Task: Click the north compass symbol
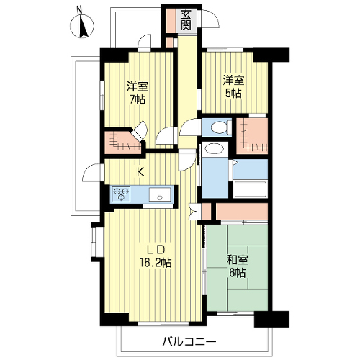[82, 26]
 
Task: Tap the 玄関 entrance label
[186, 20]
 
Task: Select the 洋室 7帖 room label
[138, 93]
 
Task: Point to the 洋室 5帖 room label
[233, 86]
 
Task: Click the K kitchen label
[140, 172]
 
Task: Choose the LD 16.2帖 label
[156, 256]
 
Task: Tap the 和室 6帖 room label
[237, 266]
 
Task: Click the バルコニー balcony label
[189, 341]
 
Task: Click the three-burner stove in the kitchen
[121, 194]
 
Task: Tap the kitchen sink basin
[160, 194]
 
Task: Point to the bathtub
[250, 190]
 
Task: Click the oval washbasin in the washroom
[215, 149]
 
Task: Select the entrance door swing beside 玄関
[209, 19]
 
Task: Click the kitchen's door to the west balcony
[91, 173]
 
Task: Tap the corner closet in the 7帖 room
[123, 143]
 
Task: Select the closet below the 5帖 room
[252, 136]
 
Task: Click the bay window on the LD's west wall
[96, 241]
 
